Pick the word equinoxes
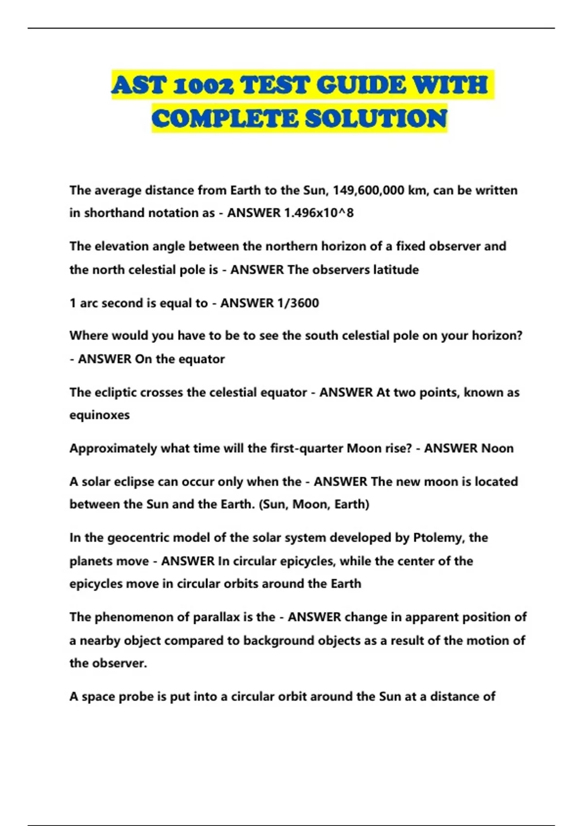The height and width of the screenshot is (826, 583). pyautogui.click(x=100, y=415)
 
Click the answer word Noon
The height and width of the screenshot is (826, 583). pyautogui.click(x=497, y=448)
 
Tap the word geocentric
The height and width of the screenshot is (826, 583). pyautogui.click(x=138, y=537)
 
